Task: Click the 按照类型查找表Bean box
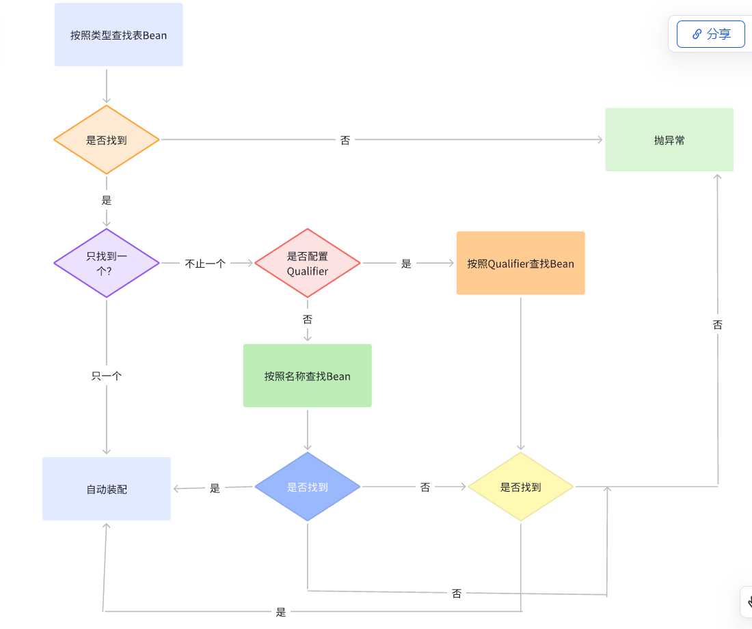coord(118,35)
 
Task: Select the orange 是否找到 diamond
coord(107,140)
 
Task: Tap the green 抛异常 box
coord(669,140)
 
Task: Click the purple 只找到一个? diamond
coord(107,263)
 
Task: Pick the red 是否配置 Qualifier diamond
coord(308,264)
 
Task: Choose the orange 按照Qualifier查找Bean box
coord(521,264)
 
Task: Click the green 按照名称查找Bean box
coord(308,376)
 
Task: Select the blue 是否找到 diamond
coord(308,487)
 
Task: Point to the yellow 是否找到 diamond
coord(521,487)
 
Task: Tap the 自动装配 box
coord(107,489)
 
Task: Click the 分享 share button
coord(711,34)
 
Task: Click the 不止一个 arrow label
coord(205,264)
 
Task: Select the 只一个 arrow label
coord(107,376)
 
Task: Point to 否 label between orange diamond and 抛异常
coord(345,140)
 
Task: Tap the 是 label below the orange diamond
coord(107,201)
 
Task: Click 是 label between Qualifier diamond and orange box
coord(406,264)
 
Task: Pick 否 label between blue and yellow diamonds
coord(425,487)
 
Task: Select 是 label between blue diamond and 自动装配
coord(215,488)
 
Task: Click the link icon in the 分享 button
coord(697,34)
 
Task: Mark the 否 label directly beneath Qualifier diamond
coord(308,319)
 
